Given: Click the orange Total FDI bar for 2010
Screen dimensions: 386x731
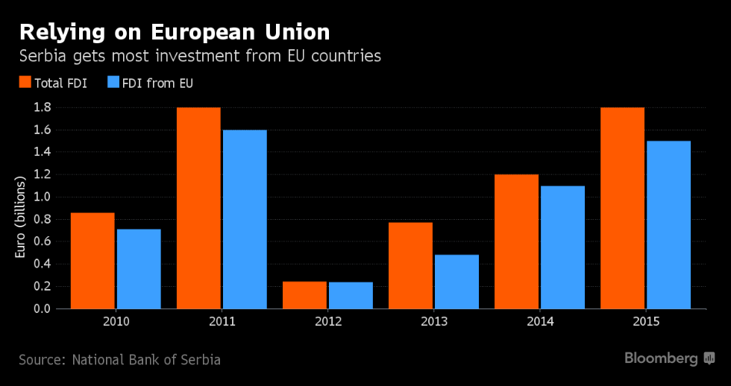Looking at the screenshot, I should tap(92, 261).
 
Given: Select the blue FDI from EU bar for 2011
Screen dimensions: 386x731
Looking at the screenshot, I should tap(245, 219).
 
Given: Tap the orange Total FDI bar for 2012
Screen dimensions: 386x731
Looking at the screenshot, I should tap(304, 295).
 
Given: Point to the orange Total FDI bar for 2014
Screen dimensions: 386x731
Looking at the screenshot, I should tap(516, 241).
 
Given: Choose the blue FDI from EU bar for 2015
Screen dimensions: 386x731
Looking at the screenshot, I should tap(668, 224).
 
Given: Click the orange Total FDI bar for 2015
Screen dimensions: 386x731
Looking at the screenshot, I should tap(622, 208).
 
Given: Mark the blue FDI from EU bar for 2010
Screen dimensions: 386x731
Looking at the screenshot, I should tap(139, 269).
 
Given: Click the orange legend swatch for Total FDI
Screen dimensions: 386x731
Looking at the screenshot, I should tap(24, 82).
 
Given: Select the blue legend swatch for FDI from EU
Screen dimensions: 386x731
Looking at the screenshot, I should tap(114, 82).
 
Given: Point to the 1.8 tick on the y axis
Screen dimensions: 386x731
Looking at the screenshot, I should tap(42, 107).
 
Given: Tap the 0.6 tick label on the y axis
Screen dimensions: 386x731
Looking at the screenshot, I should tap(42, 241).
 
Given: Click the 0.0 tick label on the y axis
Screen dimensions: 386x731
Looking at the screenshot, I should tap(42, 309).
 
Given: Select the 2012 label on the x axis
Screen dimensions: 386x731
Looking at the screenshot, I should tap(327, 322).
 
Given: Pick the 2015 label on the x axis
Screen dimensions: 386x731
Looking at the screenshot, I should tap(645, 322).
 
